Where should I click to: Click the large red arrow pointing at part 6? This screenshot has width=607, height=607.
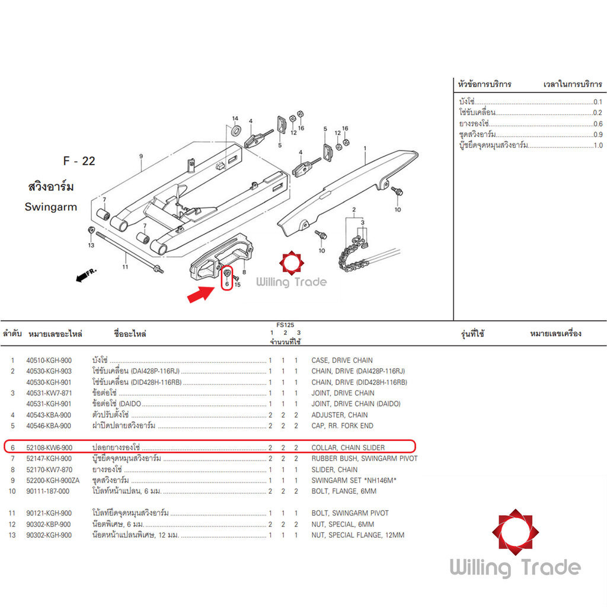click(x=200, y=294)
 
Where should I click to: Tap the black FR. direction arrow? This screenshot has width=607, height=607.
click(x=82, y=277)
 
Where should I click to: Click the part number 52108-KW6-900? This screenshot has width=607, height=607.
click(x=49, y=448)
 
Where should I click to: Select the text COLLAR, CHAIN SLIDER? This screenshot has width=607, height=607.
click(x=348, y=448)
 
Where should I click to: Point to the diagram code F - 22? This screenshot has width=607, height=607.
click(x=79, y=161)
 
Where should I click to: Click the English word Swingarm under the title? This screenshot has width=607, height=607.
click(x=51, y=207)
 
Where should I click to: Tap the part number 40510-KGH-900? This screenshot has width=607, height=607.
click(x=49, y=360)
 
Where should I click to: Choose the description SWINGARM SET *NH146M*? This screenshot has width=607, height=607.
click(x=354, y=480)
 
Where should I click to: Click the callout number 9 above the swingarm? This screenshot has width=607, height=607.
click(x=141, y=156)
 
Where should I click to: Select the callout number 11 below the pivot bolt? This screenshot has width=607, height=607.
click(x=125, y=267)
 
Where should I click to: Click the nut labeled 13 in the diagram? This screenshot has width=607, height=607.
click(x=91, y=231)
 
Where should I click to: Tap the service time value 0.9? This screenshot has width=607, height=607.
click(x=598, y=135)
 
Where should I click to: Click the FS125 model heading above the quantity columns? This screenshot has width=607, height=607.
click(x=285, y=325)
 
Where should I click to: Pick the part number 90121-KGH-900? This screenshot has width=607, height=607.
click(x=49, y=513)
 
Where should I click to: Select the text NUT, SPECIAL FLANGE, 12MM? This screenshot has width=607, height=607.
click(x=357, y=535)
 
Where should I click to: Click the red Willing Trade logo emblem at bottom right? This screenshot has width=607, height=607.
click(x=515, y=532)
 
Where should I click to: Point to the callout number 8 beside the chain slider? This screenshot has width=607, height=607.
click(x=244, y=272)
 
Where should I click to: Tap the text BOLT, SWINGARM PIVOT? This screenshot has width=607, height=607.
click(x=350, y=513)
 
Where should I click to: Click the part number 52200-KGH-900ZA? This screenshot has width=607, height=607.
click(x=53, y=480)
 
